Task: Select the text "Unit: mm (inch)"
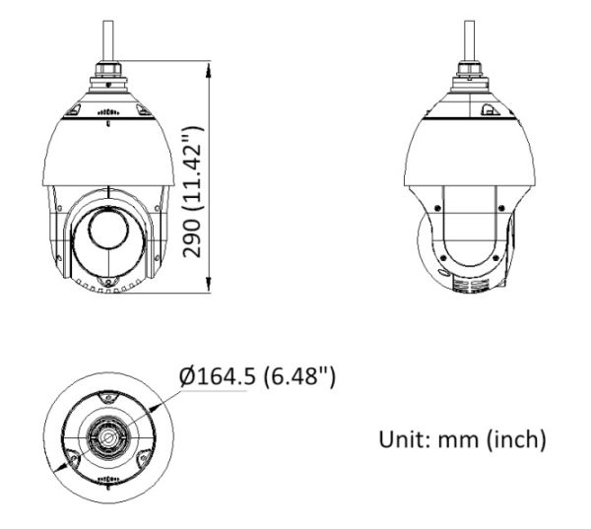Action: [x=461, y=438]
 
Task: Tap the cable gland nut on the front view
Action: [x=107, y=73]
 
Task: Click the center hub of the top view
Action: [x=106, y=434]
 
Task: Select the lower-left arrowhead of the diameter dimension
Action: [x=59, y=472]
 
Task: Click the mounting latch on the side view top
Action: [x=488, y=111]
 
